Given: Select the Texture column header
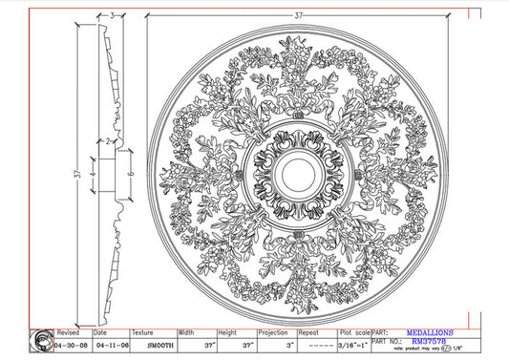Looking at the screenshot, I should tap(143, 333).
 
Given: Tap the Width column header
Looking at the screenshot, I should tap(186, 333).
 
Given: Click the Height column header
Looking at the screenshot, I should tap(227, 333).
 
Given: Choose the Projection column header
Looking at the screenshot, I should tap(273, 333).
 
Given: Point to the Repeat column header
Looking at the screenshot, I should tap(308, 333).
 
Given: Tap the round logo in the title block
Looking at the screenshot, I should tap(43, 340).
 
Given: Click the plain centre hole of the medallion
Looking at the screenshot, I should tap(294, 173).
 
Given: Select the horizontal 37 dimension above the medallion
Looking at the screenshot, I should tap(299, 15).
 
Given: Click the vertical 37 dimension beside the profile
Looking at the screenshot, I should tap(60, 175).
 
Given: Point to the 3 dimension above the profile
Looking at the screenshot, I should tap(112, 15).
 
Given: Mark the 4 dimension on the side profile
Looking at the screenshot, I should tap(93, 175).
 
